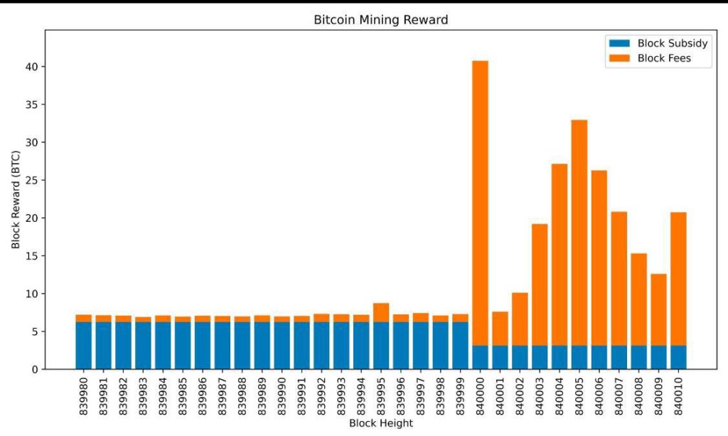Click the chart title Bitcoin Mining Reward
[x=381, y=20]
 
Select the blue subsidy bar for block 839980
[x=84, y=346]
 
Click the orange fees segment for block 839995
[x=381, y=312]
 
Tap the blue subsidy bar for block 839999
[x=461, y=346]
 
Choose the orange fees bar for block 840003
[x=540, y=285]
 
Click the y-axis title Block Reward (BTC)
[x=16, y=199]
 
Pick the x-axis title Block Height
[x=381, y=423]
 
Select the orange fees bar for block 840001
[x=500, y=329]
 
